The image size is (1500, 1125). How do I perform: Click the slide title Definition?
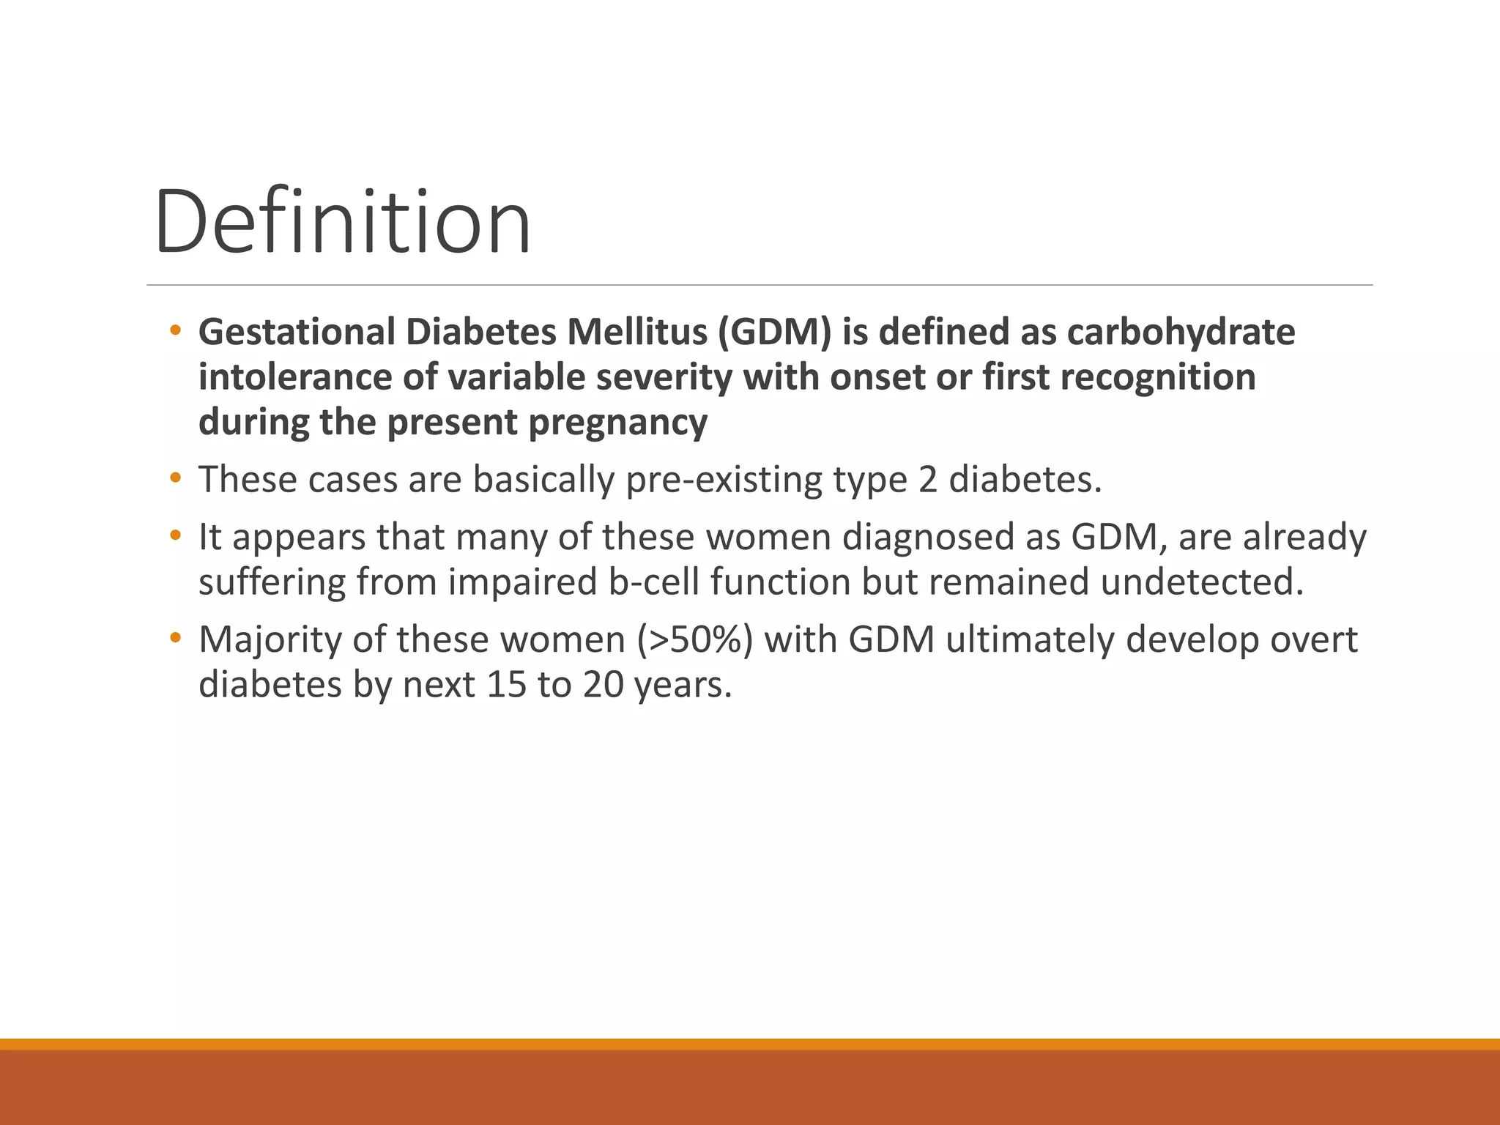343,221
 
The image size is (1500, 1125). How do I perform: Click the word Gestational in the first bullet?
297,333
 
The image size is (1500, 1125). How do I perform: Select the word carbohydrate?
1181,333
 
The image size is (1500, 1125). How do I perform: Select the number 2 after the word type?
927,480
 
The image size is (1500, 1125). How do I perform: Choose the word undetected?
1203,582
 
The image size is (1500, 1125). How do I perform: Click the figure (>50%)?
694,640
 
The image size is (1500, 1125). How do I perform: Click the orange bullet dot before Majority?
174,638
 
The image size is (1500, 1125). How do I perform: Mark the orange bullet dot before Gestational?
174,330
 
